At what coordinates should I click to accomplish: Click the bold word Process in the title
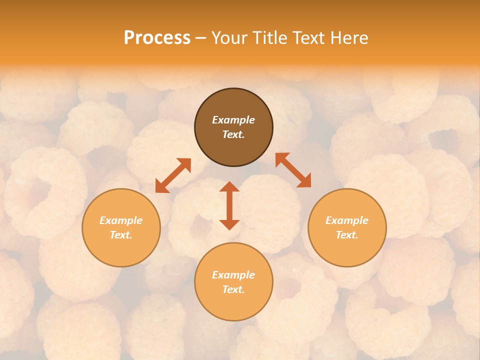[157, 38]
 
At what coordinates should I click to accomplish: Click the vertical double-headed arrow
[229, 205]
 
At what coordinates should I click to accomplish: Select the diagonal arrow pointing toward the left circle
[173, 175]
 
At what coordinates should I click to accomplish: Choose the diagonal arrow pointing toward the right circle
[293, 170]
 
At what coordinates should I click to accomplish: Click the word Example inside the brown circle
[233, 120]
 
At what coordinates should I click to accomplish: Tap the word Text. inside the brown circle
[233, 134]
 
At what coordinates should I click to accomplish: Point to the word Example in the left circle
[121, 220]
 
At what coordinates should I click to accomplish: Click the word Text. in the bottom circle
[233, 289]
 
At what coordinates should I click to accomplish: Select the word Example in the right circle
[347, 220]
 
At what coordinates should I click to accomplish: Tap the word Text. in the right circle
[347, 235]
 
